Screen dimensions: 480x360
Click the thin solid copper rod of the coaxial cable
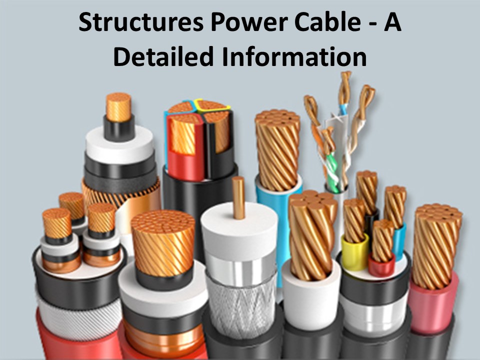[238, 197]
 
